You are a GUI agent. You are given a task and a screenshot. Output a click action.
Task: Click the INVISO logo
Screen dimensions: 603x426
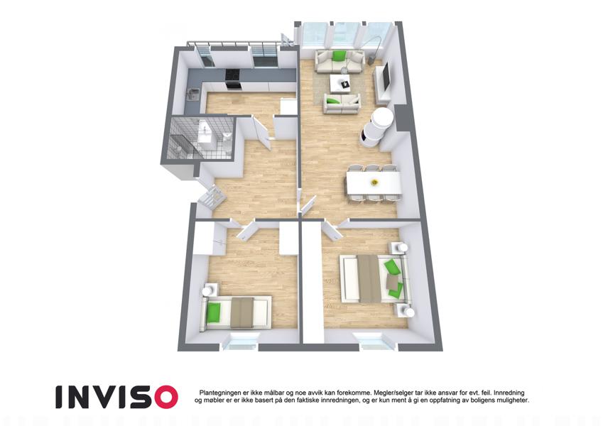(x=117, y=397)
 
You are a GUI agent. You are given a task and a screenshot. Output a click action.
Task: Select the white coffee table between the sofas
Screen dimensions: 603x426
(x=340, y=83)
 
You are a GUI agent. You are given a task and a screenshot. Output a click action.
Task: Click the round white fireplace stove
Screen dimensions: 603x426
(x=376, y=127)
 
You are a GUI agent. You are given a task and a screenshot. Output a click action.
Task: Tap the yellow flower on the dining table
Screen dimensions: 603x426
(x=373, y=182)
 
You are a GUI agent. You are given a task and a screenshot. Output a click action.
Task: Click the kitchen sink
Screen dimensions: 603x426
(x=192, y=94)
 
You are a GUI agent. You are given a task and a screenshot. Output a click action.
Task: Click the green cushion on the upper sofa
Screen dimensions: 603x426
(x=337, y=56)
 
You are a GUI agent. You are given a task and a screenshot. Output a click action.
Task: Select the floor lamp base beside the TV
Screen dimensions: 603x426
(x=371, y=60)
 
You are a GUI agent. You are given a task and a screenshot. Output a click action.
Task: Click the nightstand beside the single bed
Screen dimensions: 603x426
(x=210, y=290)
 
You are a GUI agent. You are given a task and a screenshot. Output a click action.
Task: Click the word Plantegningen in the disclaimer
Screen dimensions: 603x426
(x=220, y=393)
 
